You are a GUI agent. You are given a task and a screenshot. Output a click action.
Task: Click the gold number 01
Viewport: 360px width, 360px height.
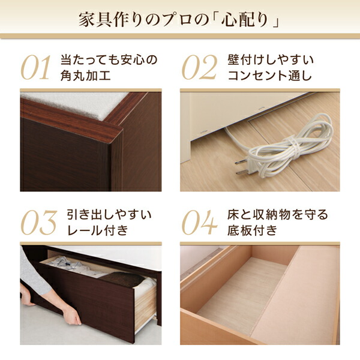[36, 67]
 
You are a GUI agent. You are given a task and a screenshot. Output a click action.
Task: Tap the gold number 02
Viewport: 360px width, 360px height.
[199, 67]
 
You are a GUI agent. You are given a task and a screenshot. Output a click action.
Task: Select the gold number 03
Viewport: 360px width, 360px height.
[39, 223]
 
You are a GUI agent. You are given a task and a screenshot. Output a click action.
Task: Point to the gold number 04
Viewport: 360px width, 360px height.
[199, 223]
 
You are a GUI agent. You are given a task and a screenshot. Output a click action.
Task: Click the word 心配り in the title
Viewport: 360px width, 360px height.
[245, 20]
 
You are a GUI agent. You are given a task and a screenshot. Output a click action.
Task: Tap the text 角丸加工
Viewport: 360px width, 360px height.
[85, 76]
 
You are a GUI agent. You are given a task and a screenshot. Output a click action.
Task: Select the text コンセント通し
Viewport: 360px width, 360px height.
[270, 76]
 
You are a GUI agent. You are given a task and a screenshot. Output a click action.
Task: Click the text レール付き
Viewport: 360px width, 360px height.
[97, 230]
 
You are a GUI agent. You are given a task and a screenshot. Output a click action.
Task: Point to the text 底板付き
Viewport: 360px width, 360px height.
[253, 230]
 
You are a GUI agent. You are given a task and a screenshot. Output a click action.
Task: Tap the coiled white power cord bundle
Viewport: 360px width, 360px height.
[290, 147]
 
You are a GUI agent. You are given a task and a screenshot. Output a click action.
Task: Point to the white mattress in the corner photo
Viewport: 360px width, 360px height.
[76, 105]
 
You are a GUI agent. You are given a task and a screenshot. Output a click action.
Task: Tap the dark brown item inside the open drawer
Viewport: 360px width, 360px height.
[122, 279]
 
